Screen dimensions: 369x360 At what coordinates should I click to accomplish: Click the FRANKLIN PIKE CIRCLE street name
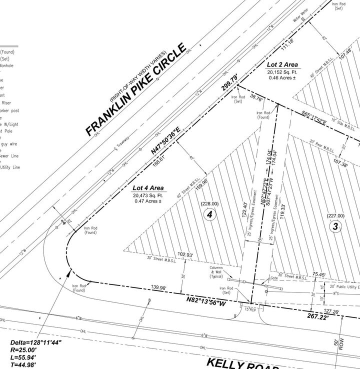[x=135, y=89]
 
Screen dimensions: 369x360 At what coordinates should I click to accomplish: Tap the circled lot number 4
[x=210, y=214]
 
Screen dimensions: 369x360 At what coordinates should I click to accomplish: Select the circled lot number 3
[x=335, y=226]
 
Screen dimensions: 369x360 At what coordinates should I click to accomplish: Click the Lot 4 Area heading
[x=147, y=188]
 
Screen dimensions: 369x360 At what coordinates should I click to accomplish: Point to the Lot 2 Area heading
[x=282, y=64]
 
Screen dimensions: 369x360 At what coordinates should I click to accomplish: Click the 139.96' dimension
[x=158, y=287]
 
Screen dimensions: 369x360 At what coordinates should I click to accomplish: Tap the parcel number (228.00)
[x=209, y=203]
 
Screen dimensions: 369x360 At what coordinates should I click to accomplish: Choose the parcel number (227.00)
[x=335, y=215]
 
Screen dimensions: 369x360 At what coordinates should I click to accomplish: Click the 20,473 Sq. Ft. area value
[x=147, y=195]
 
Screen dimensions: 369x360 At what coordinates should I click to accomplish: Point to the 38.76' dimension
[x=256, y=99]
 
